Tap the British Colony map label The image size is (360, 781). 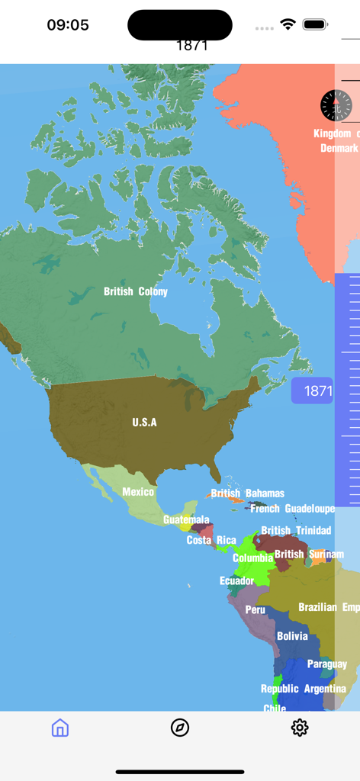click(x=136, y=291)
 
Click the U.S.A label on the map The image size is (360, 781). click(x=144, y=422)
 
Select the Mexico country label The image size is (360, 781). click(x=138, y=492)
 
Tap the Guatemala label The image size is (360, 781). click(x=186, y=520)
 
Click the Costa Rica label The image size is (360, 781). click(x=211, y=540)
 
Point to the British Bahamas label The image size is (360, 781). click(x=248, y=493)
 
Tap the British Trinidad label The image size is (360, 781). click(x=296, y=530)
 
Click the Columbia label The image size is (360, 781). click(x=252, y=558)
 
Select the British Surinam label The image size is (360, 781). click(x=309, y=554)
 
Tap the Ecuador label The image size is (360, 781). click(x=236, y=581)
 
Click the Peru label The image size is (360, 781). click(x=256, y=609)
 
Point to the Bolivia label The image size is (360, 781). click(x=292, y=636)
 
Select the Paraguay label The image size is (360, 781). click(x=327, y=664)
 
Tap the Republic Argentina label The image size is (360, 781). click(x=304, y=689)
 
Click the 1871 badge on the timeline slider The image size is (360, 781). click(x=313, y=391)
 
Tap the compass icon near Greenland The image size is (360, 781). click(x=335, y=105)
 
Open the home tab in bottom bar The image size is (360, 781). click(x=60, y=728)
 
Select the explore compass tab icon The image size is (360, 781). click(x=180, y=728)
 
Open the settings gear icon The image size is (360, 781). click(x=300, y=728)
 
